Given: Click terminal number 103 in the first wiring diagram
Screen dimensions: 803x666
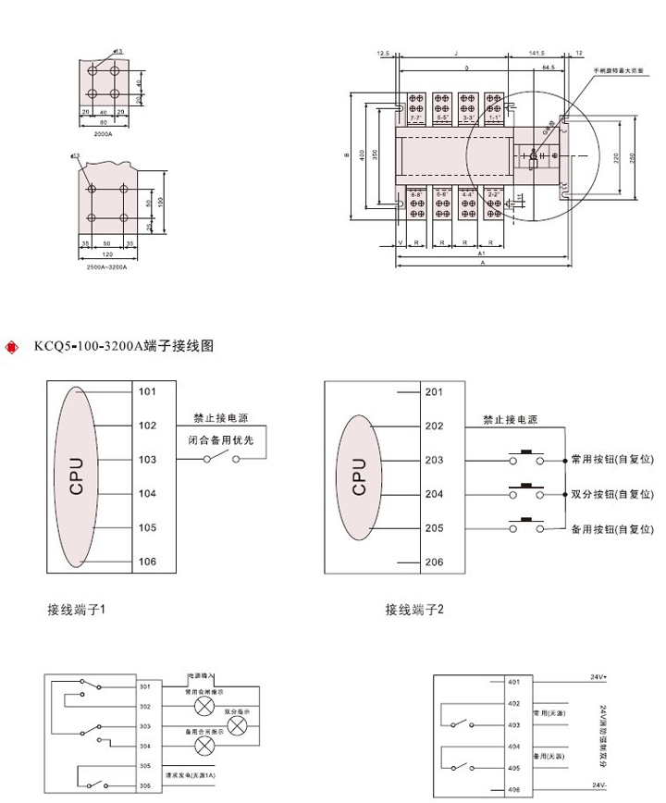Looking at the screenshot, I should coord(147,459).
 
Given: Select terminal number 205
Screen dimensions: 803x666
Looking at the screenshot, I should coord(434,528).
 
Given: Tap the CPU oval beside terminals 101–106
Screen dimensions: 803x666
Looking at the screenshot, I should coord(79,476).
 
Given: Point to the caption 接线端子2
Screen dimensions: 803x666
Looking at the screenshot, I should coord(414,610).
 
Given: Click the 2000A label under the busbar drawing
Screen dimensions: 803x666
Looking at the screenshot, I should coord(103,134).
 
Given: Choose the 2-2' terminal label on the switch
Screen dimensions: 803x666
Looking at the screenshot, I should coord(493,193).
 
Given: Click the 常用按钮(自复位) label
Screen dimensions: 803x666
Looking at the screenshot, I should coord(610,460).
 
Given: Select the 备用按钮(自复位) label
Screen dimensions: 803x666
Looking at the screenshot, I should coord(610,529).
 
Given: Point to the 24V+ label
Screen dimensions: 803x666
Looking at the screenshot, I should coord(599,678).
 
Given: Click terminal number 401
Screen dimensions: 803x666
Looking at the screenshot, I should coord(514,684).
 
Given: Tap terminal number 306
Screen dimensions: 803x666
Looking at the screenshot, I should coord(144,785).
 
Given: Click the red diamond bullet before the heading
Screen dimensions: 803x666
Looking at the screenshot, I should coord(12,348).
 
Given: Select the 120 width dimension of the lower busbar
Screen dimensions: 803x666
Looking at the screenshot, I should coord(108,253).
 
